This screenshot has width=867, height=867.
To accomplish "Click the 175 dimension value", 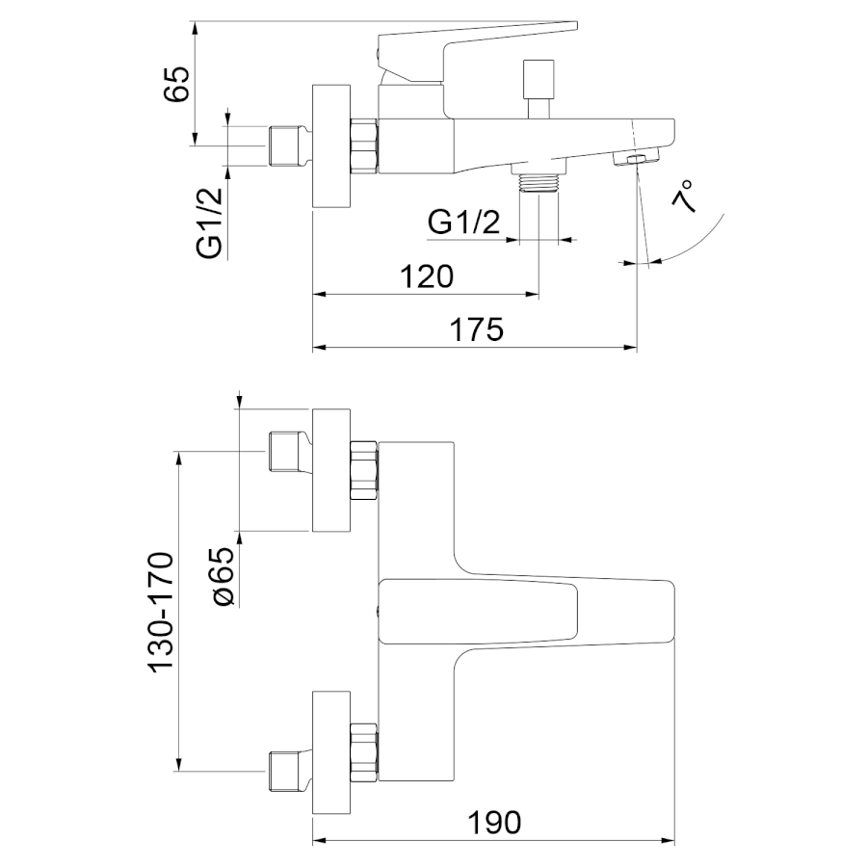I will point(477,329).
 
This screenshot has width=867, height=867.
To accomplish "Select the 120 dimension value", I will point(427,276).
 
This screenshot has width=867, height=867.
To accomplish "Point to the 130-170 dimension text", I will point(161,612).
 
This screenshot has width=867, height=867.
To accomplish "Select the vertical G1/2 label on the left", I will point(209,223).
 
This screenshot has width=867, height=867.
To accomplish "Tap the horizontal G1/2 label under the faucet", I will point(464,223).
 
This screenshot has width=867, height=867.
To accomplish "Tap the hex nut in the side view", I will point(364,146).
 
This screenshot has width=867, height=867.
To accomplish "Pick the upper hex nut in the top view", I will point(364,469).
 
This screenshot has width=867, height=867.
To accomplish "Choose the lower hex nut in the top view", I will point(364,750).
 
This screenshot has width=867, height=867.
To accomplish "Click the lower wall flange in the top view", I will point(331,753).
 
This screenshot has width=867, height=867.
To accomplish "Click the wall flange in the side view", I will point(331,146).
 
